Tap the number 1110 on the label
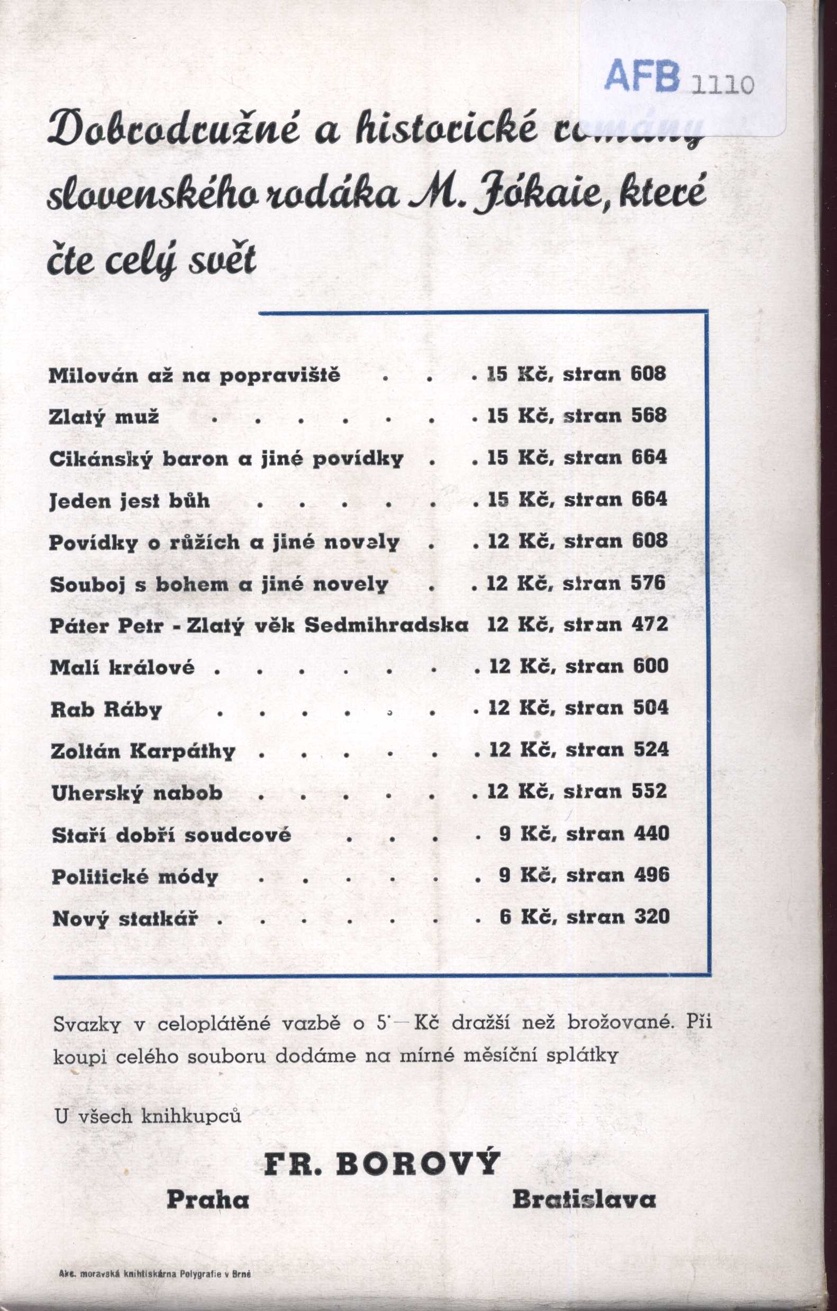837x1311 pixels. [x=723, y=84]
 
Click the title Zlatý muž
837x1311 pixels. [x=104, y=417]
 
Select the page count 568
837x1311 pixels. [x=649, y=415]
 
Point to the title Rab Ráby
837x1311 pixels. [x=106, y=709]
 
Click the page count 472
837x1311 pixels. [x=650, y=624]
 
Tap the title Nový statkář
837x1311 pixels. [x=125, y=918]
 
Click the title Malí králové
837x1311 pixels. [x=122, y=667]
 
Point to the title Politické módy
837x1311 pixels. [x=135, y=876]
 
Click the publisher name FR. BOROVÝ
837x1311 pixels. [x=382, y=1163]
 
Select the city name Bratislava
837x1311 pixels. [x=584, y=1199]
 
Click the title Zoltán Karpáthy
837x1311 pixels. [x=142, y=752]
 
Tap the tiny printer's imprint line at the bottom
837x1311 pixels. [x=154, y=1273]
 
